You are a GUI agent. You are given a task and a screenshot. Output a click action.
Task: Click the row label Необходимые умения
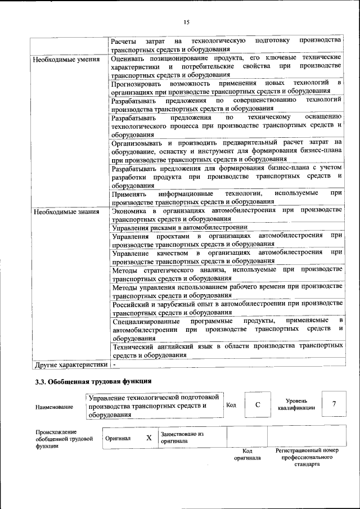[x=66, y=58]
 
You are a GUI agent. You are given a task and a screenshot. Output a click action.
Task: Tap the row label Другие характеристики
[x=71, y=364]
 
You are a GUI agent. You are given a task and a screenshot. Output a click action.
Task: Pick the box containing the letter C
[x=257, y=405]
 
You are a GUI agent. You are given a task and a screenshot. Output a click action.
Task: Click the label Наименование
[x=54, y=407]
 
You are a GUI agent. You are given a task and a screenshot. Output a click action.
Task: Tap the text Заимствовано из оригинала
[x=182, y=438]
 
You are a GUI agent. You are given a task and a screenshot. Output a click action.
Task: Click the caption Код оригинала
[x=247, y=454]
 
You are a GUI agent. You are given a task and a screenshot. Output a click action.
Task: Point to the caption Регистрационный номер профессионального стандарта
[x=307, y=458]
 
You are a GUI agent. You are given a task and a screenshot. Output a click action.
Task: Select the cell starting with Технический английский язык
[x=227, y=350]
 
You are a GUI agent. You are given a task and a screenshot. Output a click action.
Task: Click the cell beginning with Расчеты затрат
[x=227, y=44]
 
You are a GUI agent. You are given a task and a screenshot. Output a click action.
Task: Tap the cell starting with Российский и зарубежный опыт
[x=227, y=308]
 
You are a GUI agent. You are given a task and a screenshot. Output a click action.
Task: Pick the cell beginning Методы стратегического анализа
[x=227, y=274]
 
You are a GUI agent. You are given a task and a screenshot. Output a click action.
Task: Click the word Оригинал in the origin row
[x=117, y=438]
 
